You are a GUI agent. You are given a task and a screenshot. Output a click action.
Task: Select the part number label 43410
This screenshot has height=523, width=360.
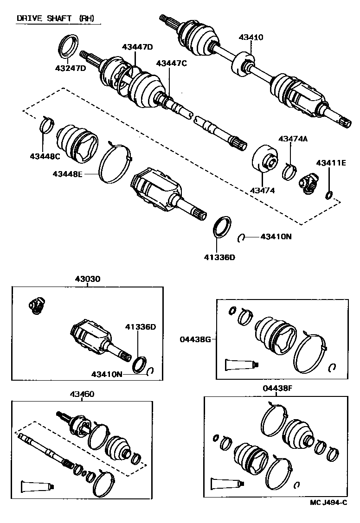(x=251, y=37)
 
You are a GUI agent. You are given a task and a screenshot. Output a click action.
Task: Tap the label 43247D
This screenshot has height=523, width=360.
(x=71, y=68)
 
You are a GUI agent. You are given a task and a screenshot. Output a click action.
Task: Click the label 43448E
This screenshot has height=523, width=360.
(x=68, y=173)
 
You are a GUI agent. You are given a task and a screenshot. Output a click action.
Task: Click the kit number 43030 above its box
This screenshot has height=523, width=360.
(x=88, y=280)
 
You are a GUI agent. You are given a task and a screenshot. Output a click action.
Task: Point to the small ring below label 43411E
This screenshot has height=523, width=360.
(x=328, y=195)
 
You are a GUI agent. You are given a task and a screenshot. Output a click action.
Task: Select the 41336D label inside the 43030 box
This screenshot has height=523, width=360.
(x=140, y=327)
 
